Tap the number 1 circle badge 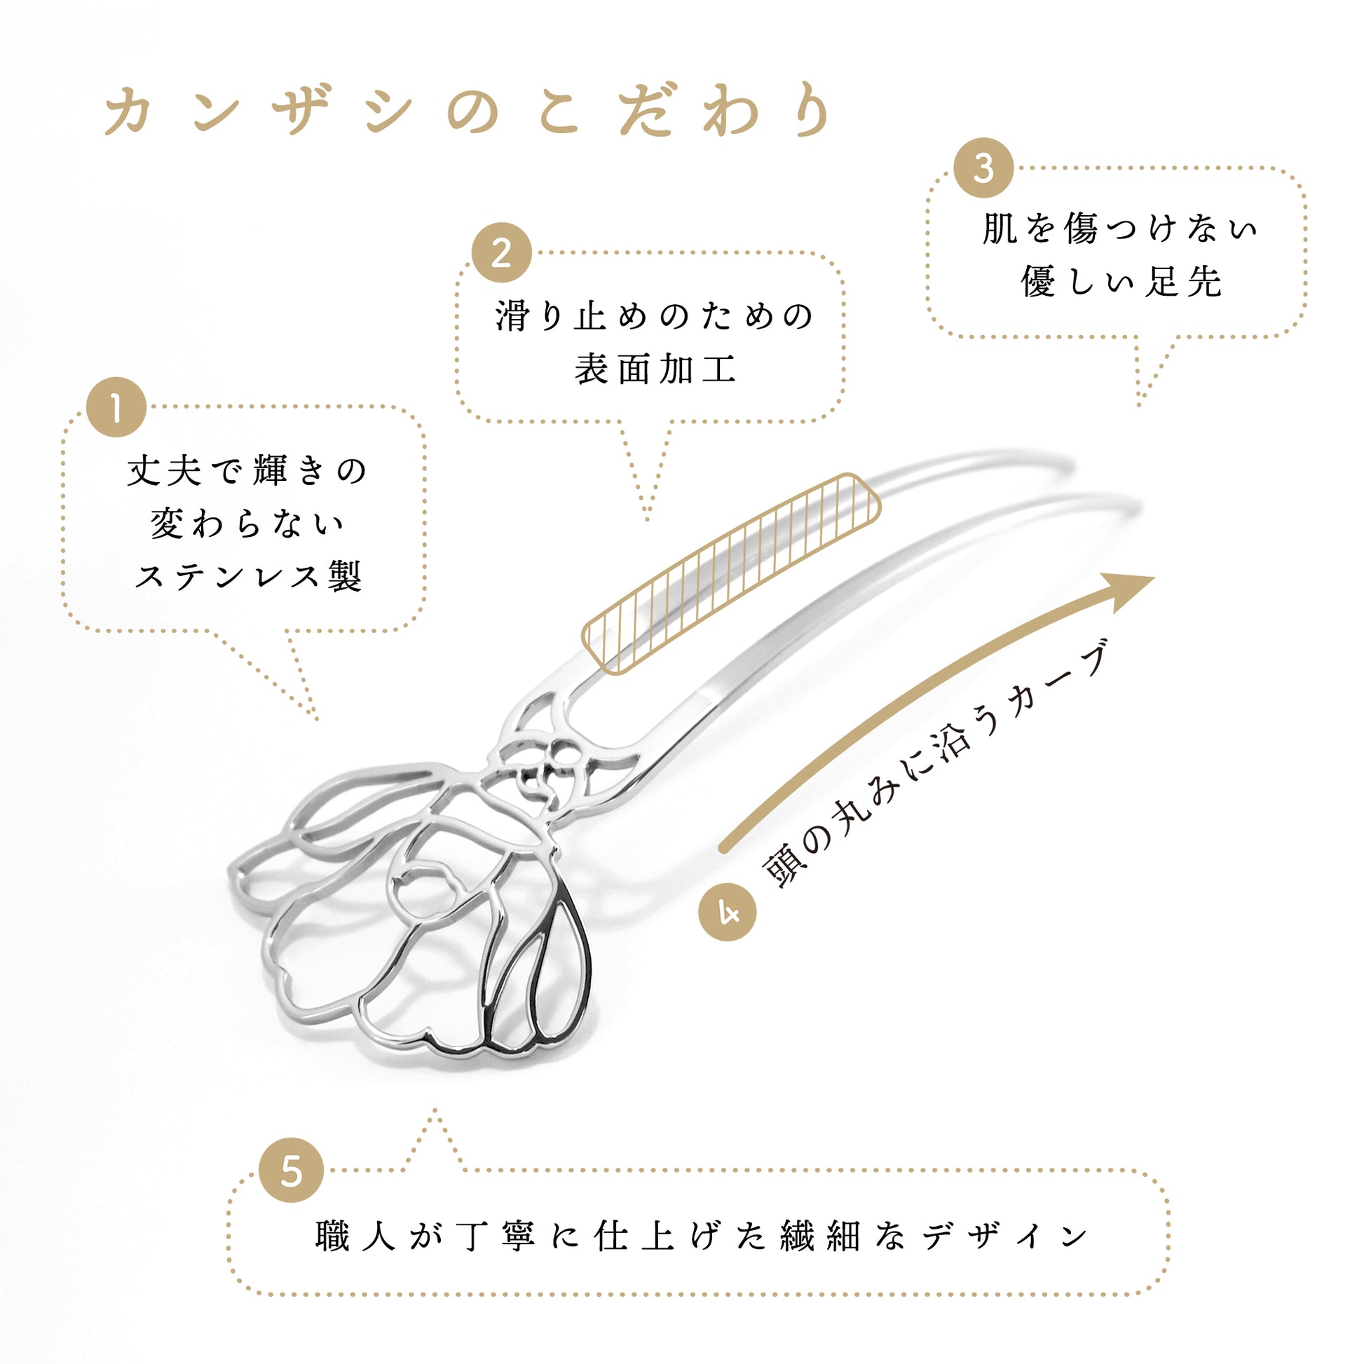(116, 407)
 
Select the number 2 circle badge (501, 253)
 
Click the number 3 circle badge (983, 168)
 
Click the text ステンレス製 (249, 577)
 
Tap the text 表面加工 (655, 369)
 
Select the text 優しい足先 (1121, 282)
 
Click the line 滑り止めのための (655, 315)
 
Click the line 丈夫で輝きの (247, 471)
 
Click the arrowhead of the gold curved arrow (1128, 590)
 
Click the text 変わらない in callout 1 (247, 524)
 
